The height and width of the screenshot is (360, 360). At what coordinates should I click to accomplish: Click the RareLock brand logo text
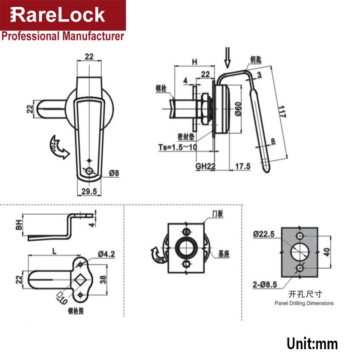pyautogui.click(x=58, y=15)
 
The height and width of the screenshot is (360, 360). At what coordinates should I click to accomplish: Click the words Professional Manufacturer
pyautogui.click(x=63, y=36)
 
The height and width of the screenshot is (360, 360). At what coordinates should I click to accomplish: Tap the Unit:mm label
pyautogui.click(x=312, y=344)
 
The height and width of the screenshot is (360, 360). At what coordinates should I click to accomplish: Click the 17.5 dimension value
pyautogui.click(x=243, y=166)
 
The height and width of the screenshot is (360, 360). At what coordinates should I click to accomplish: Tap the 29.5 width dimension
pyautogui.click(x=89, y=191)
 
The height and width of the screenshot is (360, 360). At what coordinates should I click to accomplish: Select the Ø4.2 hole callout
pyautogui.click(x=107, y=254)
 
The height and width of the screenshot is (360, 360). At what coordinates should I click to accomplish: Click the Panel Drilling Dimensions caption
pyautogui.click(x=304, y=303)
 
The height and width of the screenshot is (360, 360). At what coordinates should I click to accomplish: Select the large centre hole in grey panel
pyautogui.click(x=300, y=252)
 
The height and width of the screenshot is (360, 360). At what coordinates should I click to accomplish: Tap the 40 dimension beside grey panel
pyautogui.click(x=327, y=252)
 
